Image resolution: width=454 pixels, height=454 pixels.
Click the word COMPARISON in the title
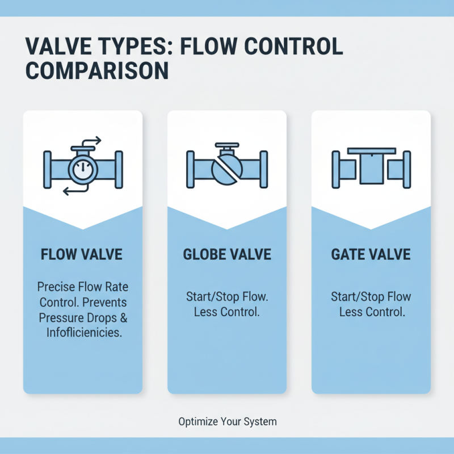[x=98, y=70]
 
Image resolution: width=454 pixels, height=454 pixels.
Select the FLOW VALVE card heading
[x=82, y=254]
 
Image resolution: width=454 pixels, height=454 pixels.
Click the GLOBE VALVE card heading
[x=227, y=254]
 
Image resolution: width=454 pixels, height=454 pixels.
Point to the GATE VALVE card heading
[x=371, y=254]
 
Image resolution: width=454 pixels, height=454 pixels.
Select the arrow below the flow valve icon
[x=74, y=192]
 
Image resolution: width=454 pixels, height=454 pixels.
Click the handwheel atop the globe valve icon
[x=227, y=145]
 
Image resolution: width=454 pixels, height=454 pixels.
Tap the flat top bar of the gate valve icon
[x=371, y=150]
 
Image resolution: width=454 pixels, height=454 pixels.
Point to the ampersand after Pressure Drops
[x=123, y=317]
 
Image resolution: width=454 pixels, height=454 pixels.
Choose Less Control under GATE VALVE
[x=371, y=312]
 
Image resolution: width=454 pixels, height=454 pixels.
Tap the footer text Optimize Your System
[x=227, y=422]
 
